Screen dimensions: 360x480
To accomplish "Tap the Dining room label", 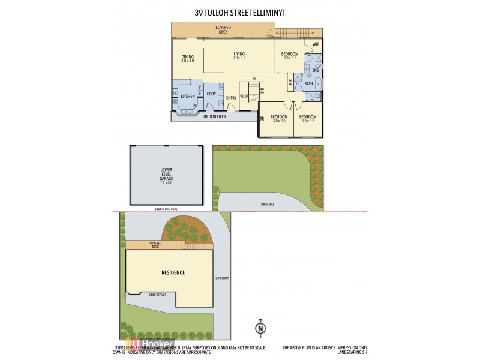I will [x=188, y=56].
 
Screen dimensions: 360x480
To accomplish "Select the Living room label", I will [x=239, y=54].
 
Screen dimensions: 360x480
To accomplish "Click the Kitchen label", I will [x=188, y=96].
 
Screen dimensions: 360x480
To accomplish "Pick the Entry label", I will [x=231, y=98].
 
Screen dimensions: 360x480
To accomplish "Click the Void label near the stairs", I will [x=244, y=96].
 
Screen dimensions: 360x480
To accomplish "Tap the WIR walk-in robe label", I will [x=316, y=44].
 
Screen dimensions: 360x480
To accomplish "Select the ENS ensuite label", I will [x=316, y=70].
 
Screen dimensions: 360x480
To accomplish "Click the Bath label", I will [x=308, y=84].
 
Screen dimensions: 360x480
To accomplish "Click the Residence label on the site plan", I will [x=173, y=272].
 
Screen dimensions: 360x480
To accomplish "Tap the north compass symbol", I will [x=260, y=328].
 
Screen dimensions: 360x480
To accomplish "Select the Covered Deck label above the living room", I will [x=224, y=29].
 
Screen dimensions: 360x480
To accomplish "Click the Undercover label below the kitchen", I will [x=214, y=116].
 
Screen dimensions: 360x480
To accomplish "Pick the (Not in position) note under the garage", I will [x=166, y=208].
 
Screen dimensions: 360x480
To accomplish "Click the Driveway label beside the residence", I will [x=222, y=278].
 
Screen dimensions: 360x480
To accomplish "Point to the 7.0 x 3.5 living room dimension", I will [x=239, y=58].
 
